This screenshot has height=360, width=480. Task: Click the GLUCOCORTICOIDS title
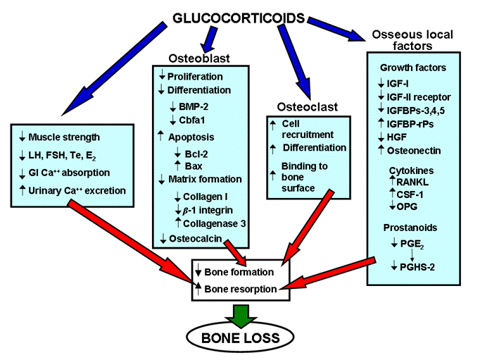pos(239,18)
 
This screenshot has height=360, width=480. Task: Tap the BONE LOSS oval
pos(240,337)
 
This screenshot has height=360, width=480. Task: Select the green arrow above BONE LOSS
pos(241,316)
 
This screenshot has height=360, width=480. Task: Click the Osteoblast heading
pos(199,58)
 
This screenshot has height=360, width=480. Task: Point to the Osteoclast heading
pos(308,107)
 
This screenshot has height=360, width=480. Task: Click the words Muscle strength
pos(64,137)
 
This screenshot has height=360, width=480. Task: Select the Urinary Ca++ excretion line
pos(77,191)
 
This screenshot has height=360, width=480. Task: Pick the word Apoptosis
pos(191,137)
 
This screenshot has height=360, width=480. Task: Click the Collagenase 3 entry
pos(214,223)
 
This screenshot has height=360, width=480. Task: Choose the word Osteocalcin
pos(195,238)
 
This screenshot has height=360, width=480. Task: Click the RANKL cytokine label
pos(412,182)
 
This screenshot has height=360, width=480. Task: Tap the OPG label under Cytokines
pos(407,206)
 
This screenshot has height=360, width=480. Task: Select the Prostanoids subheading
pos(410,228)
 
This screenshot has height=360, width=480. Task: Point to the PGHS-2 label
pos(417,267)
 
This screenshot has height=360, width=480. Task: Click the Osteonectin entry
pos(414,151)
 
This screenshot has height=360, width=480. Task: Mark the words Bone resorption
pos(241,289)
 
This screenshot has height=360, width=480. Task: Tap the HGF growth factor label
pos(397,137)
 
